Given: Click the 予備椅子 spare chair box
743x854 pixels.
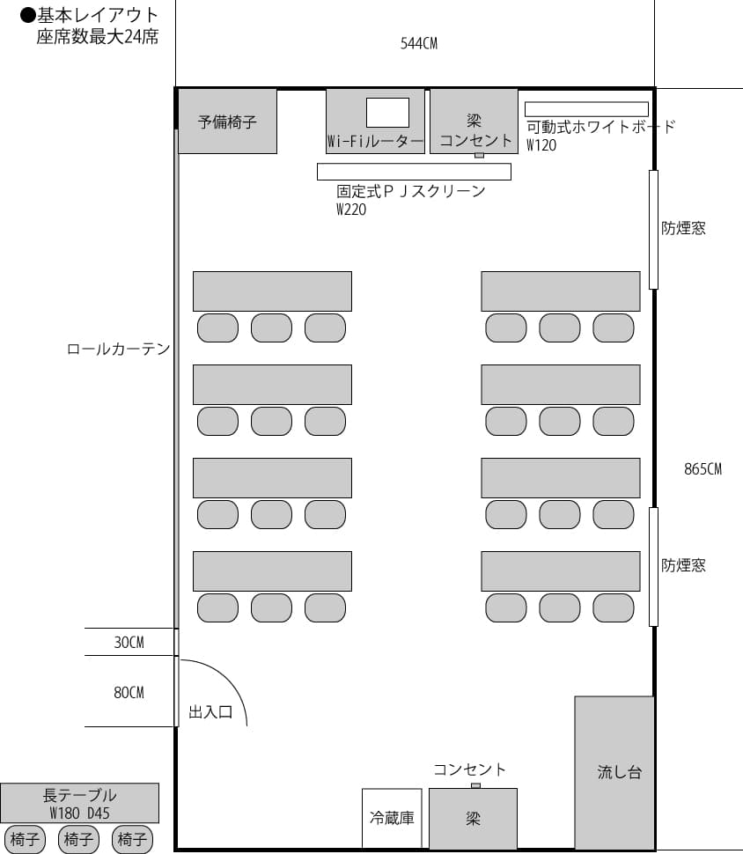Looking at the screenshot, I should pyautogui.click(x=227, y=121).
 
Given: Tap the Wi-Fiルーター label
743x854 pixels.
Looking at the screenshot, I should pyautogui.click(x=375, y=141).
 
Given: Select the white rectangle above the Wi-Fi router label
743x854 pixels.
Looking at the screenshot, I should pyautogui.click(x=387, y=112).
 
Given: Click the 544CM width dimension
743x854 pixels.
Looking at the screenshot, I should pyautogui.click(x=418, y=43).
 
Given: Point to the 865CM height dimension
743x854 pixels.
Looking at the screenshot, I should pyautogui.click(x=703, y=469).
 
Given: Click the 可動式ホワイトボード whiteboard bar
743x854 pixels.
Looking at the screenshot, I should pyautogui.click(x=586, y=109).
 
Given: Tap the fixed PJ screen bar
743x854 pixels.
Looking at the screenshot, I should pyautogui.click(x=414, y=171).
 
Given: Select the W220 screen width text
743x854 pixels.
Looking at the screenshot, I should pyautogui.click(x=351, y=210).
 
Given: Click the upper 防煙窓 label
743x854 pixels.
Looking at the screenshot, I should pyautogui.click(x=683, y=229).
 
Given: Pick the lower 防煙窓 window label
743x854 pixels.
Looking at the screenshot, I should pyautogui.click(x=683, y=565).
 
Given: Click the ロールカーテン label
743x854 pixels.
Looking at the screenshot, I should pyautogui.click(x=119, y=350).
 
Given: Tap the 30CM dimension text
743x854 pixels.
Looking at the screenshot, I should pyautogui.click(x=129, y=643).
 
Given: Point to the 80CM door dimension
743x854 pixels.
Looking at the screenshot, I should pyautogui.click(x=129, y=693).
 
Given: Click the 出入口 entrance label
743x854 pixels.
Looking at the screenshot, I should pyautogui.click(x=210, y=712).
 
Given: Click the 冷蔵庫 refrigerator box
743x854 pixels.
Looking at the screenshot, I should pyautogui.click(x=392, y=818).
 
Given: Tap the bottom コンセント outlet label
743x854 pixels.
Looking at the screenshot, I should pyautogui.click(x=469, y=769).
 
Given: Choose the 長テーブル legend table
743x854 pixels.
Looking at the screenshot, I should pyautogui.click(x=79, y=803).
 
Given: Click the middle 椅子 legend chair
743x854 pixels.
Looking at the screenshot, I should pyautogui.click(x=78, y=840).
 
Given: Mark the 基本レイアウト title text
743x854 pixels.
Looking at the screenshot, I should pyautogui.click(x=98, y=15).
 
